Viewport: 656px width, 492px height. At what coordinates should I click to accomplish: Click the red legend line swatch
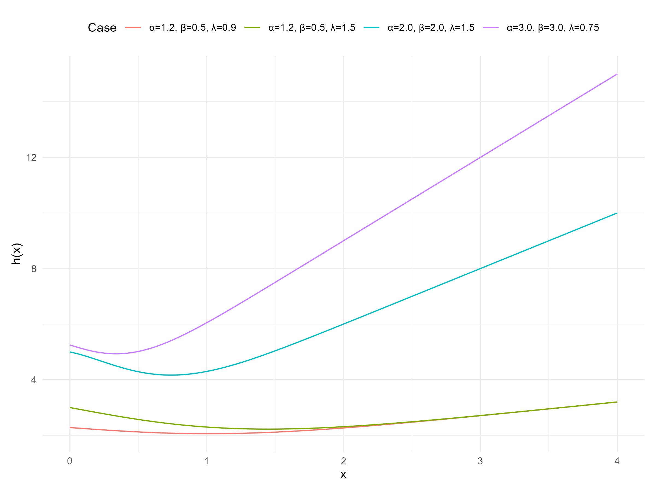tap(133, 28)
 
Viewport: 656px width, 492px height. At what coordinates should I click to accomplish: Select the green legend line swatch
tap(252, 28)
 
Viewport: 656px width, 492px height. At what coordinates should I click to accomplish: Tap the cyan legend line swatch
tap(371, 28)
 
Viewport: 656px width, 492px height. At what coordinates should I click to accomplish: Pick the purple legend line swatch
tap(491, 28)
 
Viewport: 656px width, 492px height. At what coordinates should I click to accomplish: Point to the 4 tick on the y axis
tap(34, 380)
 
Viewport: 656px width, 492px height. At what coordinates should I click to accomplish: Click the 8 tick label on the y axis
tap(34, 269)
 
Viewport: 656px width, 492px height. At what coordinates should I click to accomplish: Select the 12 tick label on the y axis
tap(31, 157)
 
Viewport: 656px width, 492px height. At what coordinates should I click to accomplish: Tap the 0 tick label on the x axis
tap(70, 461)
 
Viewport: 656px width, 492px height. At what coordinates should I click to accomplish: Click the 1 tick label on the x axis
tap(207, 461)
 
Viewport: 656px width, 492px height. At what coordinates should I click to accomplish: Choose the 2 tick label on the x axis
tap(343, 461)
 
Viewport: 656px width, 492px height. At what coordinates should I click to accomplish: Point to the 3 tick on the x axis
tap(481, 461)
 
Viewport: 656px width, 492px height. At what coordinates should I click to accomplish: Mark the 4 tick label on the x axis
tap(617, 461)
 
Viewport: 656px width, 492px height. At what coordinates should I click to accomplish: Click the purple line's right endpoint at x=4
tap(617, 74)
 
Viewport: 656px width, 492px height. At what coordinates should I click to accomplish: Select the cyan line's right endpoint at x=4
tap(617, 213)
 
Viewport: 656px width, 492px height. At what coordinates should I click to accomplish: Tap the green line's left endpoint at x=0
tap(70, 408)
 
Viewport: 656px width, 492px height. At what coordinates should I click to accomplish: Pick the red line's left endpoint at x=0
tap(70, 428)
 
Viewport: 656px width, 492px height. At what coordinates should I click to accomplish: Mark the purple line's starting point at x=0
tap(70, 345)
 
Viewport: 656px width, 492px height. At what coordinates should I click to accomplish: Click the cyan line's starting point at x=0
tap(70, 352)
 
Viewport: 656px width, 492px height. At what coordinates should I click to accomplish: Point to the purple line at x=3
tap(481, 157)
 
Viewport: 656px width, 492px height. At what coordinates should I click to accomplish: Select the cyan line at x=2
tap(343, 324)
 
